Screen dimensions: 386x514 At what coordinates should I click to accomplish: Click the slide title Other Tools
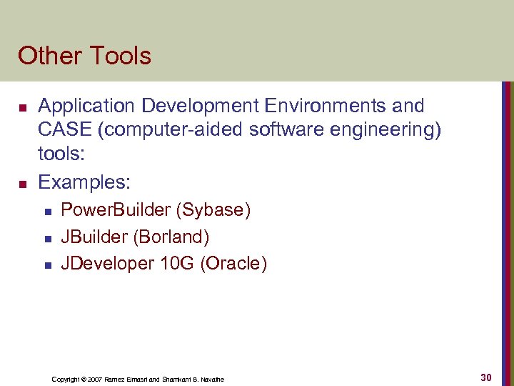point(84,56)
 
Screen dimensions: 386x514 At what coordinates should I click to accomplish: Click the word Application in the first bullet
point(86,107)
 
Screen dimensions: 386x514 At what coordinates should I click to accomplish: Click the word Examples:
point(84,182)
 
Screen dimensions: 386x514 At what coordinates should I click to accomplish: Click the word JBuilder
point(95,237)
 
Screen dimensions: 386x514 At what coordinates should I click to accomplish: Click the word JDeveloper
point(107,264)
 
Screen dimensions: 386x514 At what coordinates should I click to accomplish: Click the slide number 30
point(486,377)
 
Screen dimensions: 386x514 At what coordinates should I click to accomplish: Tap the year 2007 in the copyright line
point(95,379)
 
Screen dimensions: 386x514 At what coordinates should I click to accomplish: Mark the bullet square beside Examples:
point(22,184)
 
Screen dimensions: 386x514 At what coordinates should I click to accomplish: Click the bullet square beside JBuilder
point(46,238)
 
